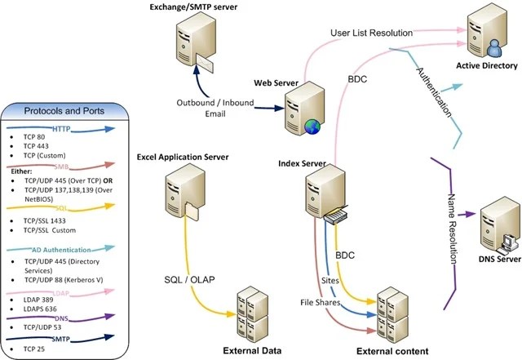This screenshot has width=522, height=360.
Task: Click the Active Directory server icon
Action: (x=487, y=32)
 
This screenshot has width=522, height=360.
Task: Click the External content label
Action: (x=391, y=351)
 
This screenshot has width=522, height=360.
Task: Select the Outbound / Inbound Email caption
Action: (x=212, y=108)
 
